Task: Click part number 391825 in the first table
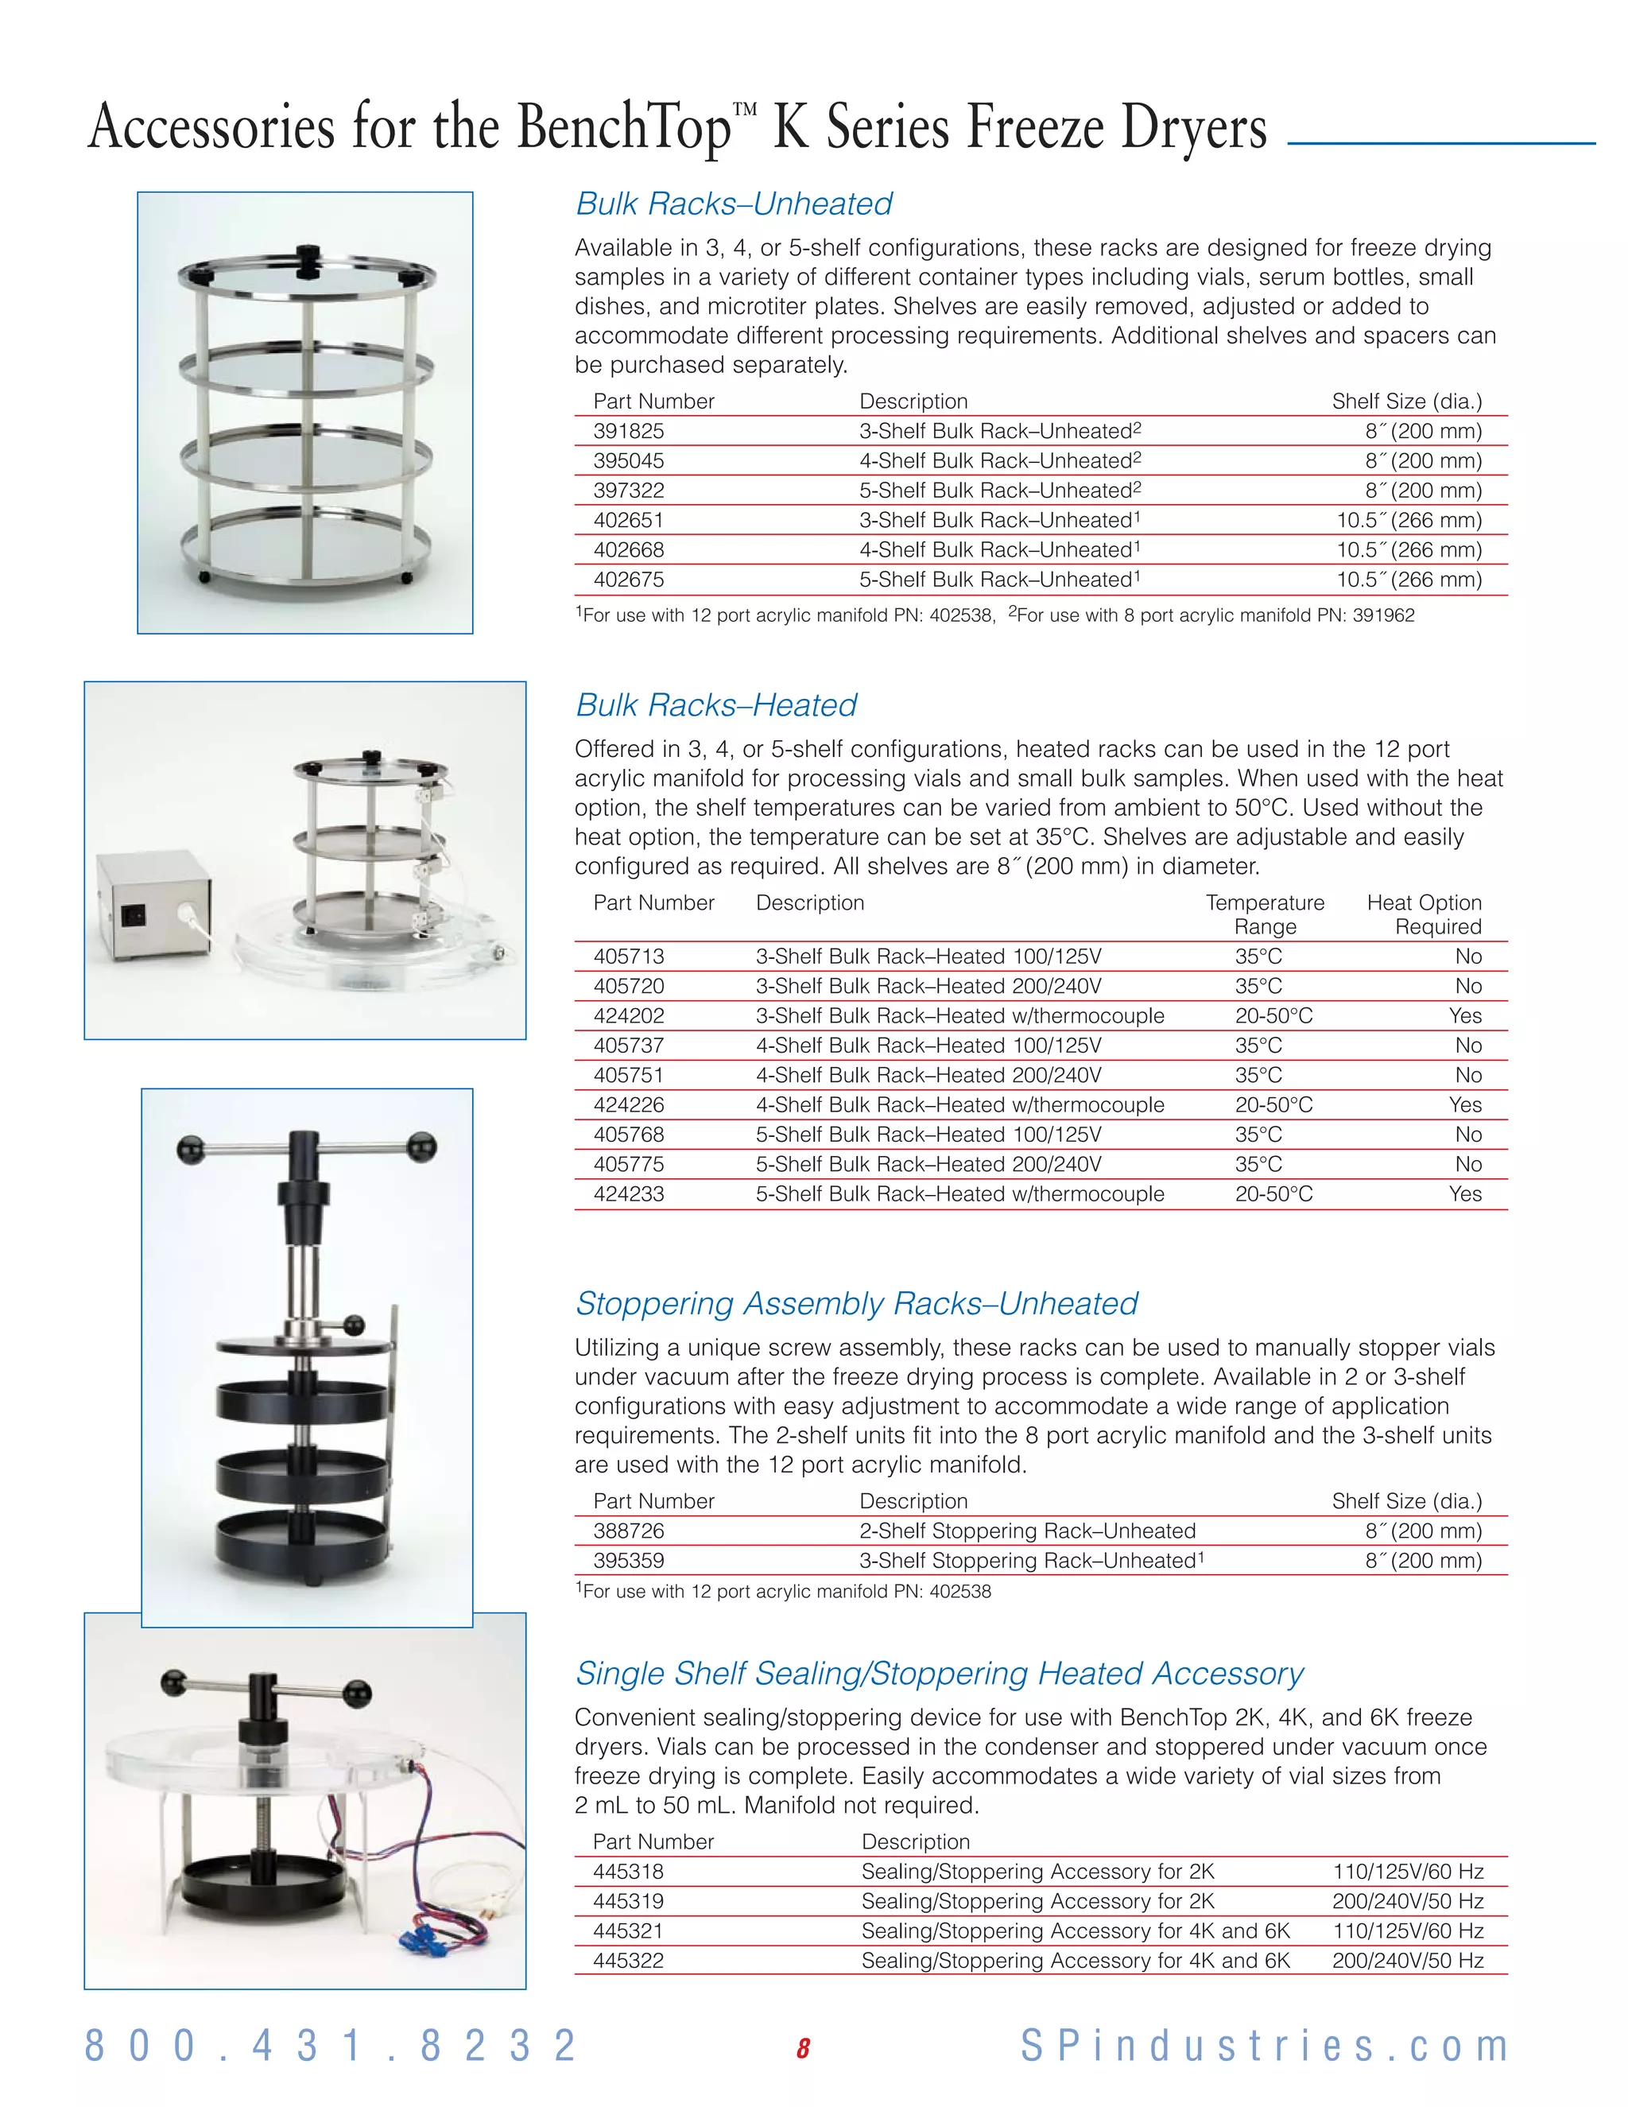click(x=629, y=431)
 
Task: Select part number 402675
click(x=629, y=580)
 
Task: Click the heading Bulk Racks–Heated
click(x=715, y=705)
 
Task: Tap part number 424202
click(x=629, y=1016)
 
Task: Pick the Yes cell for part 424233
click(x=1464, y=1194)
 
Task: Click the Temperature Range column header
click(x=1265, y=914)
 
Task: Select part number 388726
click(x=629, y=1531)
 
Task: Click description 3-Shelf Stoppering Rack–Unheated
click(x=1028, y=1561)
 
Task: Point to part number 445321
click(x=629, y=1931)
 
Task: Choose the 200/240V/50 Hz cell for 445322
click(x=1407, y=1961)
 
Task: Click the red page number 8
click(x=802, y=2048)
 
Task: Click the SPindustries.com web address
click(x=1265, y=2047)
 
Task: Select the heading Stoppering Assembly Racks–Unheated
click(x=855, y=1304)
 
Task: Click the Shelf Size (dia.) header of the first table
click(x=1406, y=402)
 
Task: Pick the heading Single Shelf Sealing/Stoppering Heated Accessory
click(x=939, y=1674)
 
